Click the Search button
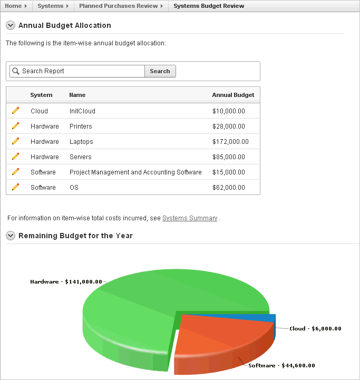click(160, 71)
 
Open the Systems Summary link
click(190, 218)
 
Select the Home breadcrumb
click(13, 6)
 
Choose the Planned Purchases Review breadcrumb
click(119, 6)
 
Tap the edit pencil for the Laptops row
click(15, 141)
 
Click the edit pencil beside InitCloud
click(15, 111)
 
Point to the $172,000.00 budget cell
click(230, 142)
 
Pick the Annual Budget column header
click(233, 95)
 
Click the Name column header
click(77, 95)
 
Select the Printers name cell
click(81, 126)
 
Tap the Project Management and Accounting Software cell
click(135, 172)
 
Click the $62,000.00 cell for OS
click(228, 188)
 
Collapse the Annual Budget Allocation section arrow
click(11, 25)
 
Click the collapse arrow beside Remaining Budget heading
click(11, 236)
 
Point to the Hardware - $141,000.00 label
click(66, 282)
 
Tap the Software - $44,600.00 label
click(281, 365)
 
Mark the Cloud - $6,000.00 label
click(315, 328)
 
